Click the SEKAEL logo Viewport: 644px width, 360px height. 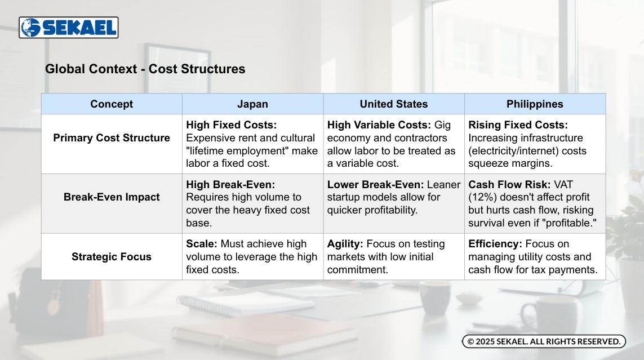pos(69,28)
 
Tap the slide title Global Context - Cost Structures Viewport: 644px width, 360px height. pos(145,69)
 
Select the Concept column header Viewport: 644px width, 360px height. pos(112,104)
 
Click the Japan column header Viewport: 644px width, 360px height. pos(252,104)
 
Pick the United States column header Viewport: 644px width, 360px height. pos(394,104)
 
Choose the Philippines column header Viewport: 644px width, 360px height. pos(535,104)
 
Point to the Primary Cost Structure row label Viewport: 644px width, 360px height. pos(112,138)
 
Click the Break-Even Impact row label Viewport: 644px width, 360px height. pos(112,197)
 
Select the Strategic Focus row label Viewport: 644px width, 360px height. pos(112,257)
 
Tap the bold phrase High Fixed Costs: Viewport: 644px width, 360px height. pos(231,125)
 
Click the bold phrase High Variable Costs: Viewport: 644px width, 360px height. pos(379,125)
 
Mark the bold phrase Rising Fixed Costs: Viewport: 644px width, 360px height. pos(518,125)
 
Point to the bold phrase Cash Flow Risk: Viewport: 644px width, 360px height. pos(509,185)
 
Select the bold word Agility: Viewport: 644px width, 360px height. pos(345,244)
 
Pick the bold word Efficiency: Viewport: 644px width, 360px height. pos(495,244)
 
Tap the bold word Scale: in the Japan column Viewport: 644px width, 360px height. pos(202,244)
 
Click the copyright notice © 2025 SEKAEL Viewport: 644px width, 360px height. pos(544,341)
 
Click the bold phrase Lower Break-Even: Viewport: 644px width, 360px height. pos(375,185)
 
